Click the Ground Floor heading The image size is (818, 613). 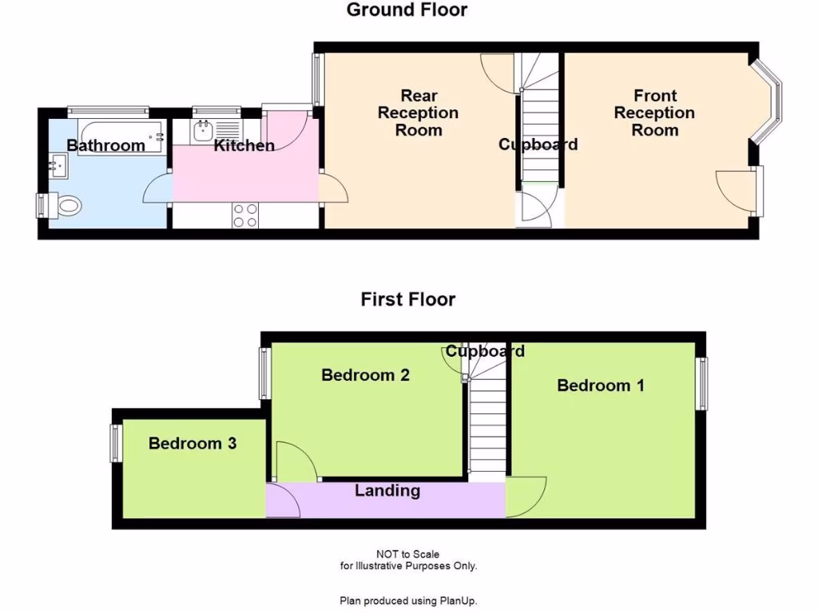click(x=407, y=10)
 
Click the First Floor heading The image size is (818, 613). click(x=407, y=299)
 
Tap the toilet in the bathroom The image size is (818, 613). click(x=69, y=207)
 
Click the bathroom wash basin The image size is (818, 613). click(x=57, y=167)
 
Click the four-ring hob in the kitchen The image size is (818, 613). click(x=245, y=216)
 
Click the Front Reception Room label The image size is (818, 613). click(x=654, y=113)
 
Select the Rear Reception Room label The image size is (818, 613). click(x=418, y=113)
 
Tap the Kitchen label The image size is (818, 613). click(x=244, y=145)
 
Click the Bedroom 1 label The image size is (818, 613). click(x=601, y=386)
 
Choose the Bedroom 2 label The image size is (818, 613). click(x=365, y=374)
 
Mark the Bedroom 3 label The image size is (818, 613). click(x=193, y=443)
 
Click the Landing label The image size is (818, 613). click(x=387, y=490)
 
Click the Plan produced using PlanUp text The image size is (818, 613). click(x=408, y=601)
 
